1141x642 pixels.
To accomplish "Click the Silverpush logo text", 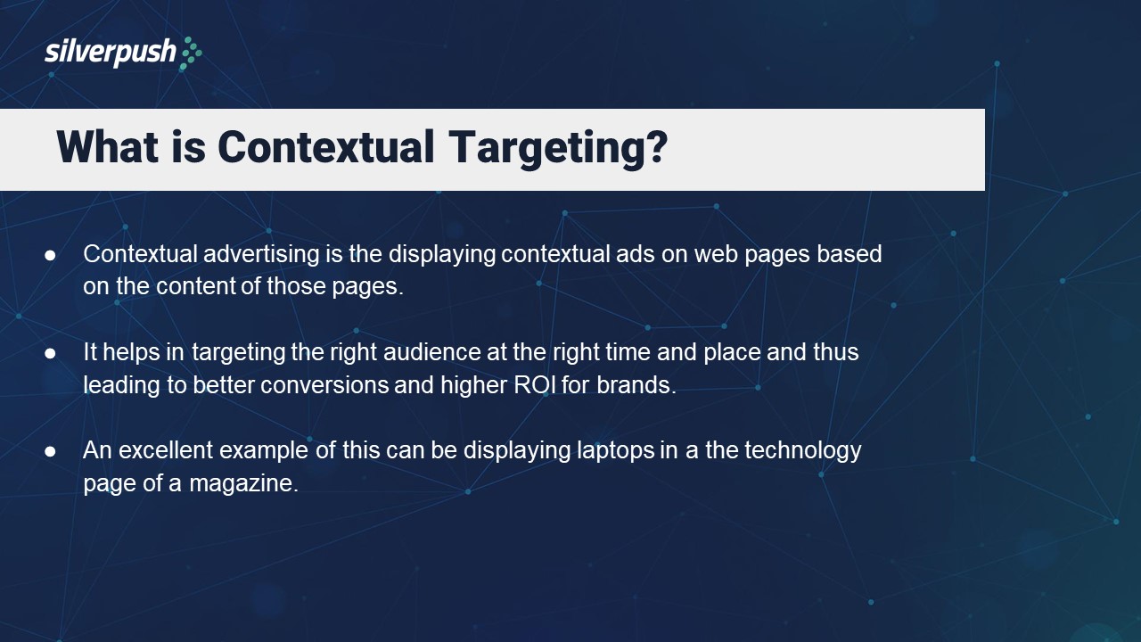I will click(111, 53).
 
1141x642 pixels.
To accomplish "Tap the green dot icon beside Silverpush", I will click(192, 53).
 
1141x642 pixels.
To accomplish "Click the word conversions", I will click(324, 385).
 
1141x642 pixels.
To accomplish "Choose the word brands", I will click(639, 385).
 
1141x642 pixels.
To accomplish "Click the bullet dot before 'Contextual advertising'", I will click(51, 255).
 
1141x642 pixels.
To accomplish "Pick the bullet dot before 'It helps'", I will click(51, 353).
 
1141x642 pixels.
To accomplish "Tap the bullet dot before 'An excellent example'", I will click(51, 451).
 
